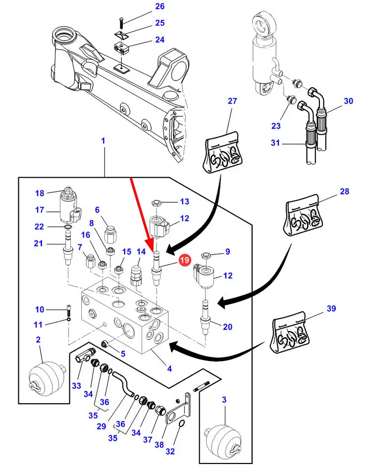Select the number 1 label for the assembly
(x=104, y=141)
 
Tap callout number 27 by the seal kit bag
(x=233, y=101)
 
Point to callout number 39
(x=331, y=309)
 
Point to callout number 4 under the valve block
(x=169, y=369)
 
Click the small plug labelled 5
(x=105, y=344)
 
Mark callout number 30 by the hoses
(x=349, y=101)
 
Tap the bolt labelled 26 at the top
(x=121, y=22)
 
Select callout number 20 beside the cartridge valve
(x=228, y=326)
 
